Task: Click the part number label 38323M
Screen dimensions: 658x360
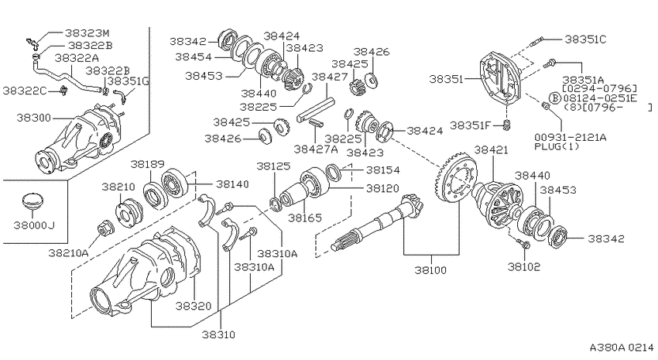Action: tap(87, 33)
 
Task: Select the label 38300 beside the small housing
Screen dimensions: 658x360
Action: tap(33, 118)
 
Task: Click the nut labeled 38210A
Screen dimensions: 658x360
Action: tap(104, 228)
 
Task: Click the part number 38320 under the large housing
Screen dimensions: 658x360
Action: tap(194, 306)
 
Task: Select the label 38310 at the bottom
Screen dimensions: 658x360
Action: tap(218, 334)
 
